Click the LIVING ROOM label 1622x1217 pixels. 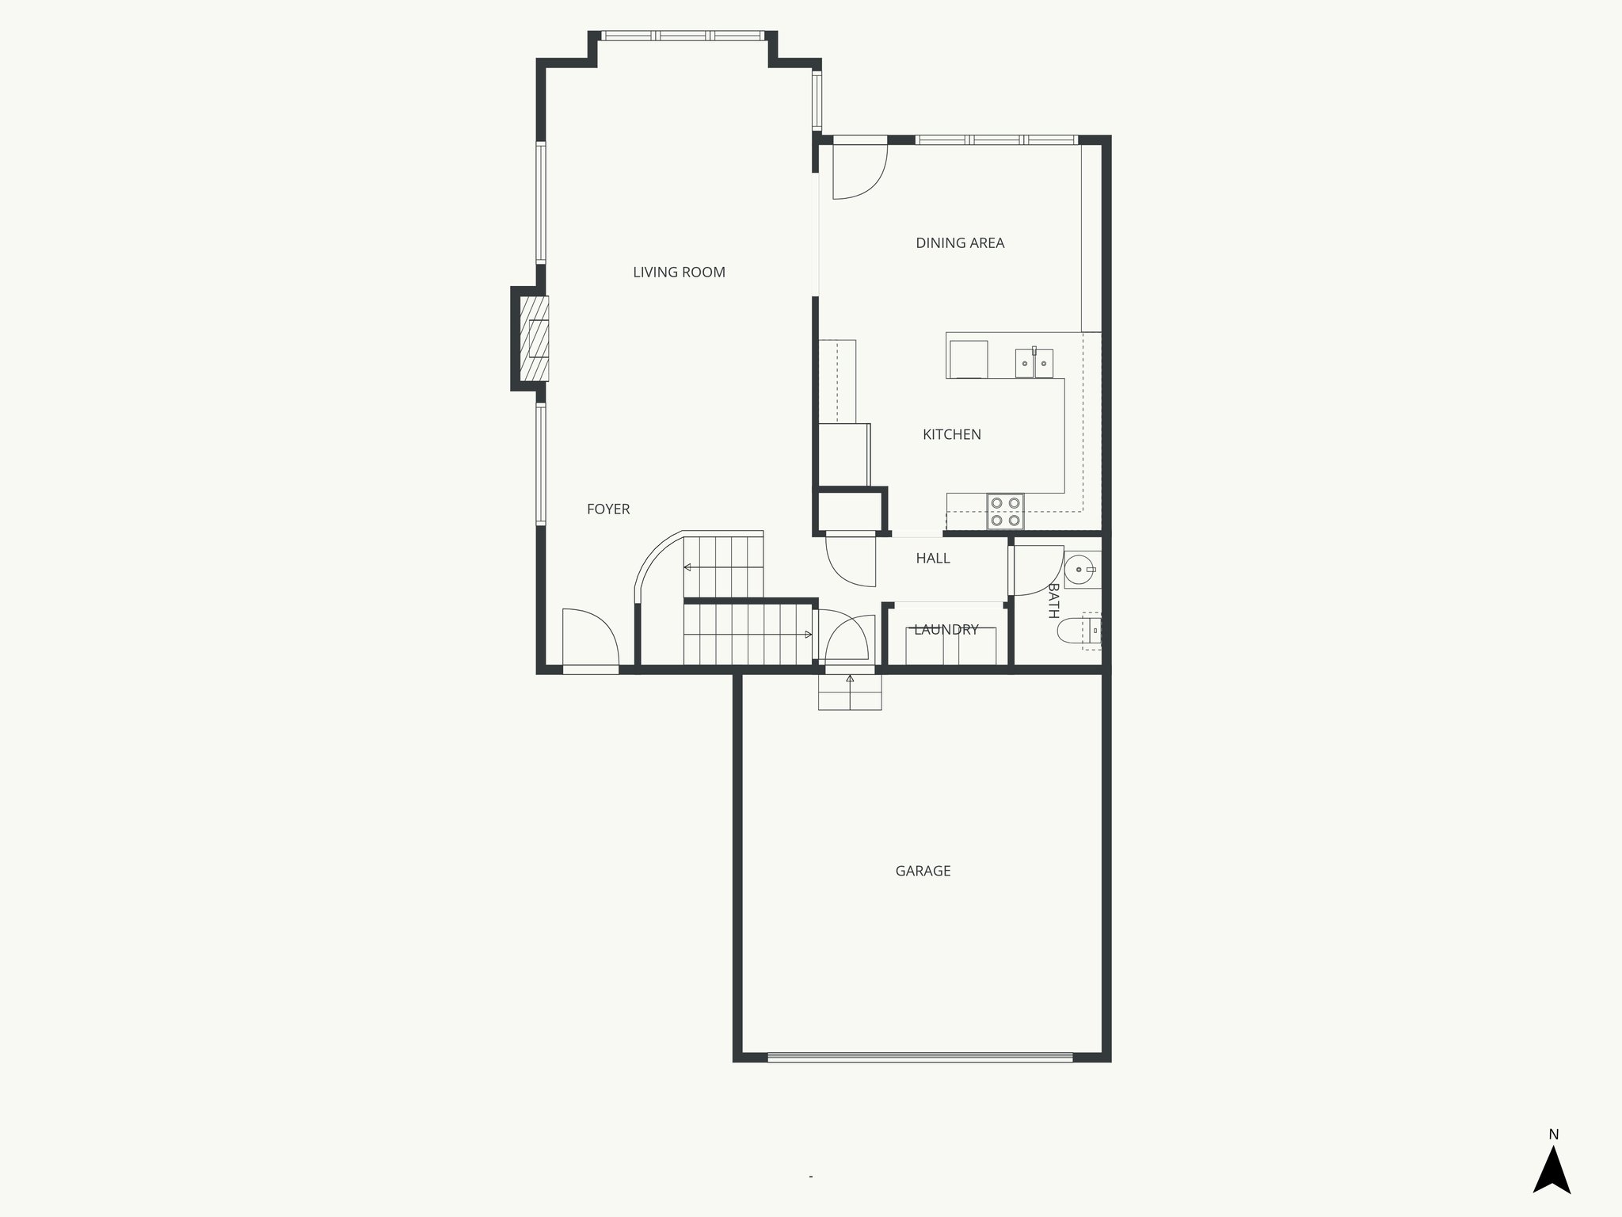point(679,273)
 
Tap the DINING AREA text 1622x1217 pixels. point(960,243)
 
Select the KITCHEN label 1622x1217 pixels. point(951,434)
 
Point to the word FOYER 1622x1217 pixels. point(608,509)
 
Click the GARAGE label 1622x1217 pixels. point(923,871)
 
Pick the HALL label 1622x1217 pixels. point(932,559)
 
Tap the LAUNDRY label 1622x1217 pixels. point(946,630)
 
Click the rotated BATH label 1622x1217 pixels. point(1053,601)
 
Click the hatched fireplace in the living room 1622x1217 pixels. point(534,338)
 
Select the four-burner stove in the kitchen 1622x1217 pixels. point(1005,511)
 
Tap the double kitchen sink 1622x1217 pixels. point(1034,364)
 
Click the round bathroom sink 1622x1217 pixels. point(1080,570)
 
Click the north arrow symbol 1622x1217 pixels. point(1552,1169)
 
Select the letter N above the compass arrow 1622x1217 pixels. point(1553,1134)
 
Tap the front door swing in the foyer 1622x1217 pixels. point(589,638)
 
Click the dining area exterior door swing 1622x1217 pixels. point(859,170)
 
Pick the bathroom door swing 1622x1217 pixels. point(1036,570)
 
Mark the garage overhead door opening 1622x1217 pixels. point(920,1057)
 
